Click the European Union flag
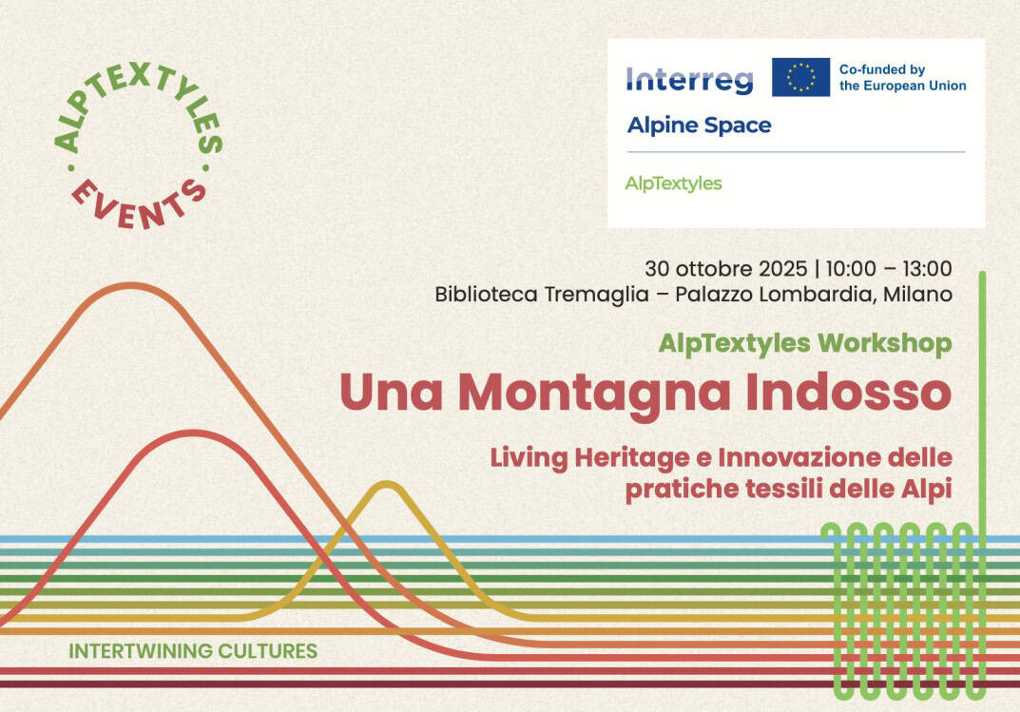tap(800, 77)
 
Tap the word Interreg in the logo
tap(689, 80)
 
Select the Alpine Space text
tap(699, 125)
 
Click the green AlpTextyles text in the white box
tap(673, 183)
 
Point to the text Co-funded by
tap(881, 69)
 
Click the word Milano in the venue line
tap(917, 295)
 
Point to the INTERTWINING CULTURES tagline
tap(193, 652)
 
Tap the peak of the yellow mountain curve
tap(385, 486)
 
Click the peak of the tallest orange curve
tap(131, 286)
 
